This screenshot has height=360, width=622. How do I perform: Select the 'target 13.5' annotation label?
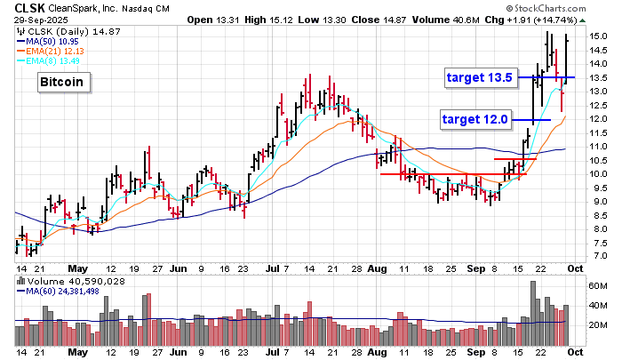click(479, 77)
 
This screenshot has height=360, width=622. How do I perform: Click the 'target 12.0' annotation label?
click(475, 118)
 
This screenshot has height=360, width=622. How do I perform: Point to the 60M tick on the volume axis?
click(597, 287)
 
